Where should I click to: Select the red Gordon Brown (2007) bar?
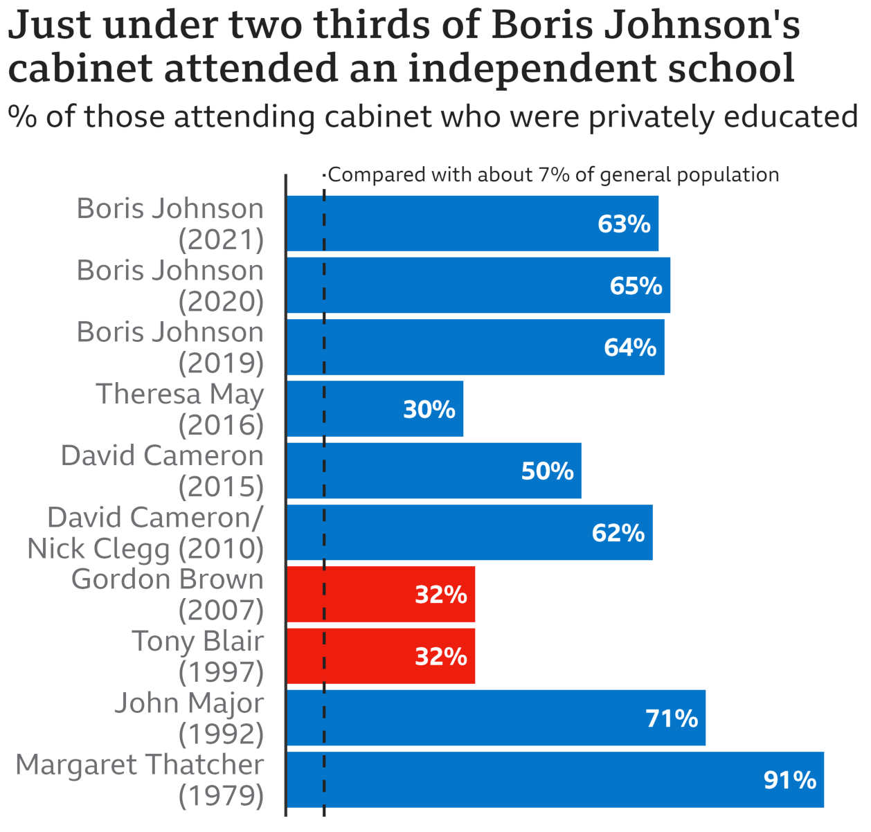(381, 595)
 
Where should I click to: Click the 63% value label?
(624, 224)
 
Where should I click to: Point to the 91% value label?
(790, 780)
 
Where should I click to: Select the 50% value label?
(547, 471)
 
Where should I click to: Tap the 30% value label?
(429, 410)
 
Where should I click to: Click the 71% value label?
(672, 718)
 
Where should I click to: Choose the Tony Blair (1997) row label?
(197, 656)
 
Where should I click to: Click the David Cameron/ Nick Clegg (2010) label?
(146, 533)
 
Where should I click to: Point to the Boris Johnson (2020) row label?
(170, 286)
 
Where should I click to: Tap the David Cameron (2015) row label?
(163, 471)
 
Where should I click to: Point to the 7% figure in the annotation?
(553, 174)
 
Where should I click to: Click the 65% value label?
(636, 286)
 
